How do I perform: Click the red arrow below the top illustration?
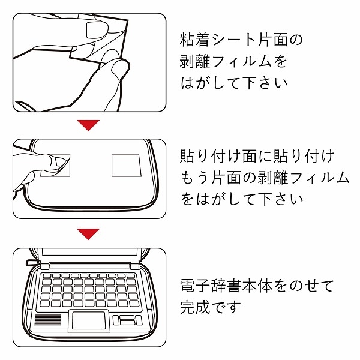89,125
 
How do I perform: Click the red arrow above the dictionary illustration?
89,233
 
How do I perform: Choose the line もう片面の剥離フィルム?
265,178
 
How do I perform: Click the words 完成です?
211,307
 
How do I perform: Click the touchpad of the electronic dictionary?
90,320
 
